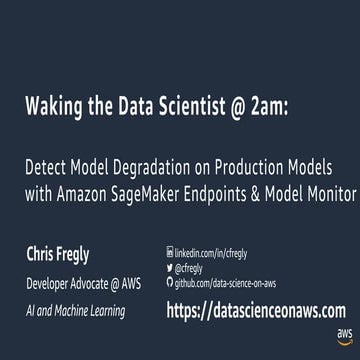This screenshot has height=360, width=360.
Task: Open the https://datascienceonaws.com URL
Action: [255, 311]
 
